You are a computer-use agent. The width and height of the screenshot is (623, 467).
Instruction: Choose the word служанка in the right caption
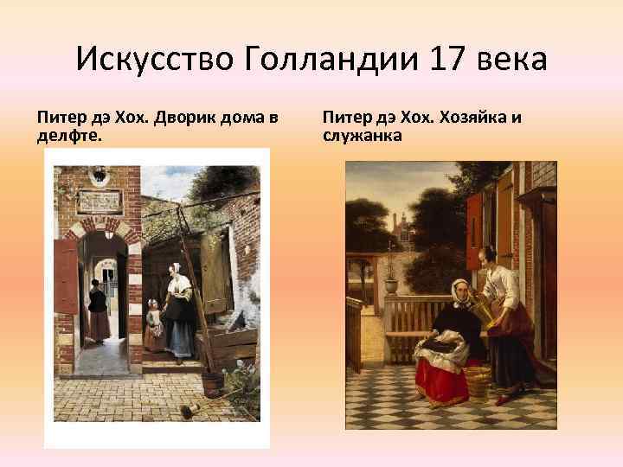coord(362,136)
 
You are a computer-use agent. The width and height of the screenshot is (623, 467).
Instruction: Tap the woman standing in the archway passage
coord(98,311)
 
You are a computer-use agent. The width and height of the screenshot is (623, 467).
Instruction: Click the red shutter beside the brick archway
coord(66,276)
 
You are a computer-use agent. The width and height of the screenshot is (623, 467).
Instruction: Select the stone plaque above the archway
coord(99,201)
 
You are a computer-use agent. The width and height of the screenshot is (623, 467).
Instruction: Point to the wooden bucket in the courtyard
coord(213,381)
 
